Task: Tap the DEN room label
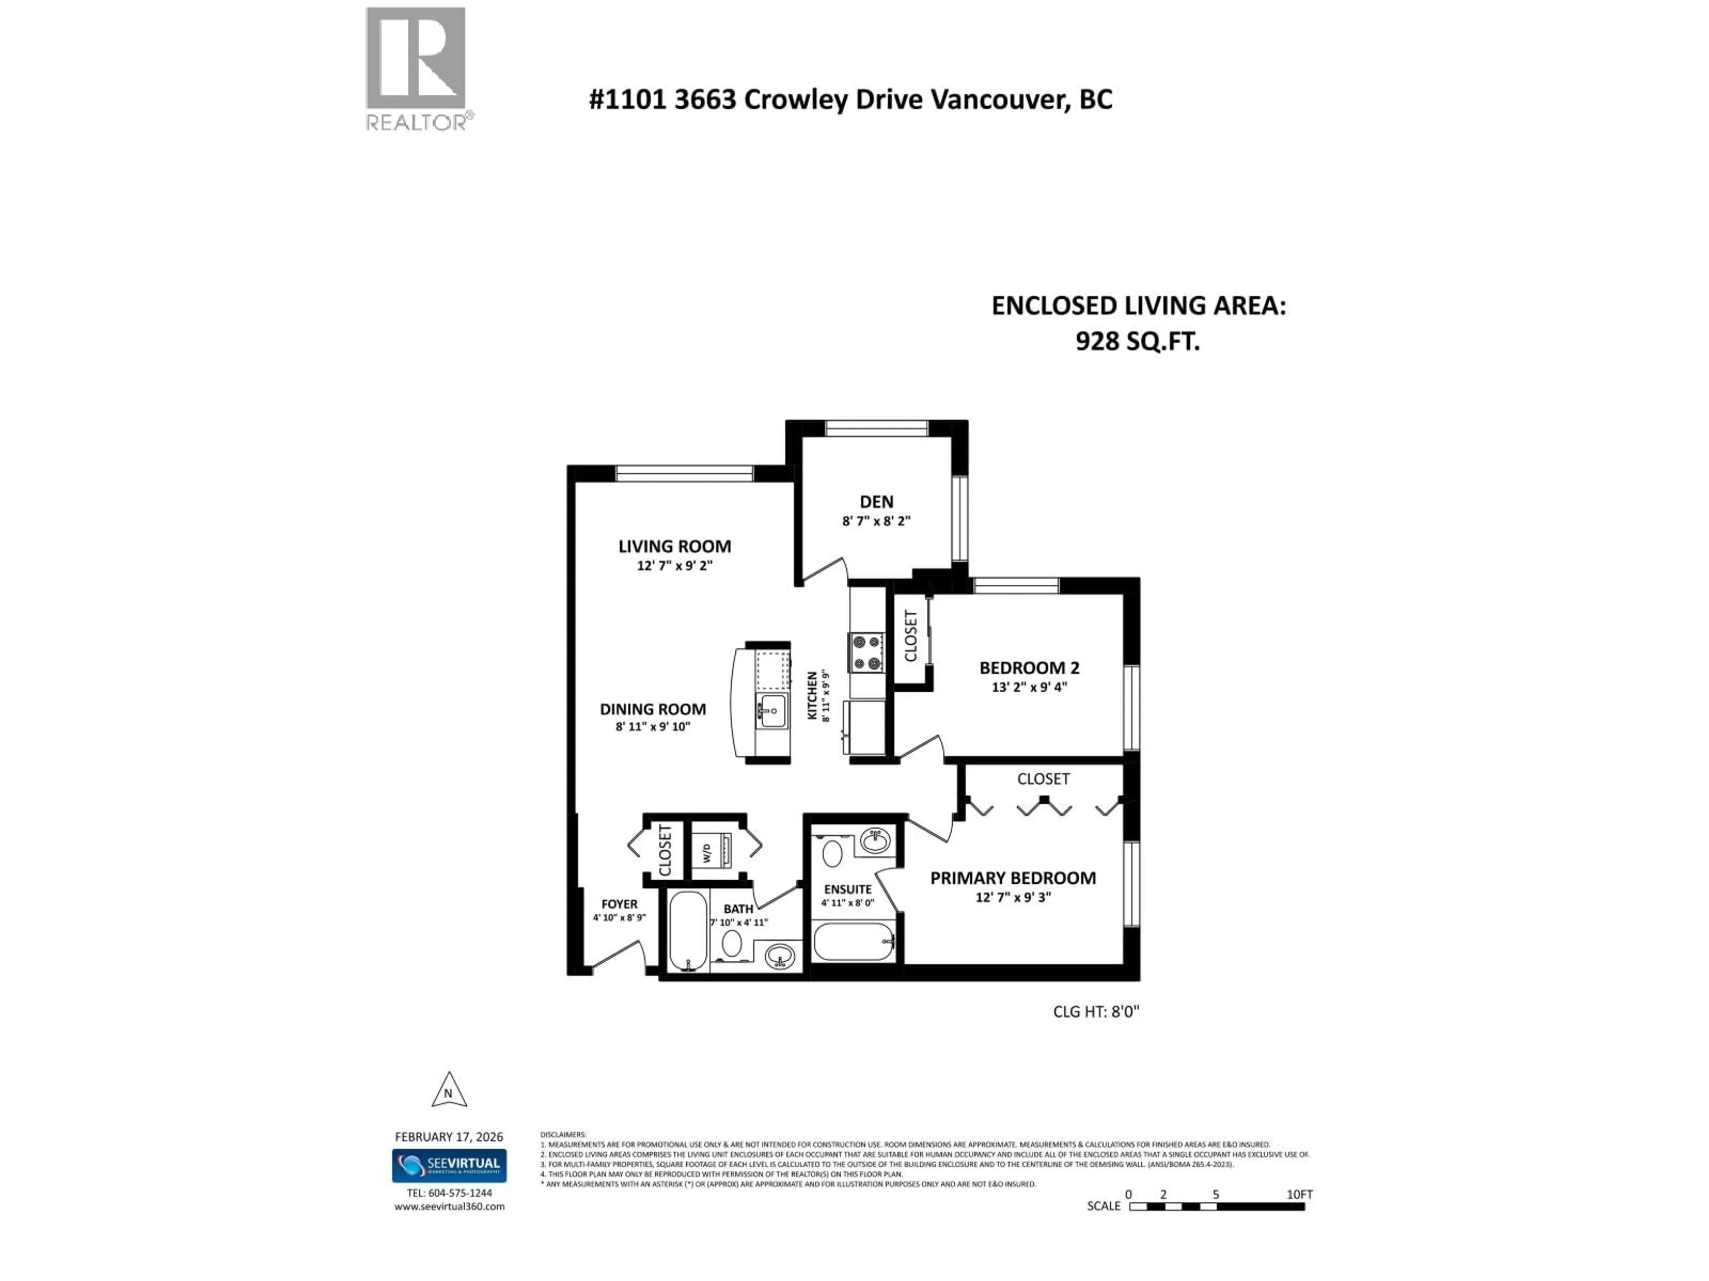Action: click(x=876, y=502)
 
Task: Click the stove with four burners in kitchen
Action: click(x=866, y=653)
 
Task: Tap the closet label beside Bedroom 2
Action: click(x=911, y=636)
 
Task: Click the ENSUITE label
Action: click(x=847, y=890)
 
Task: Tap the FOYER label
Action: click(x=619, y=904)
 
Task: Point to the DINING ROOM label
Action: click(x=653, y=709)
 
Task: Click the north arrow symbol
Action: click(x=448, y=1090)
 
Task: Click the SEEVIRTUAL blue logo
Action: click(x=449, y=1165)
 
